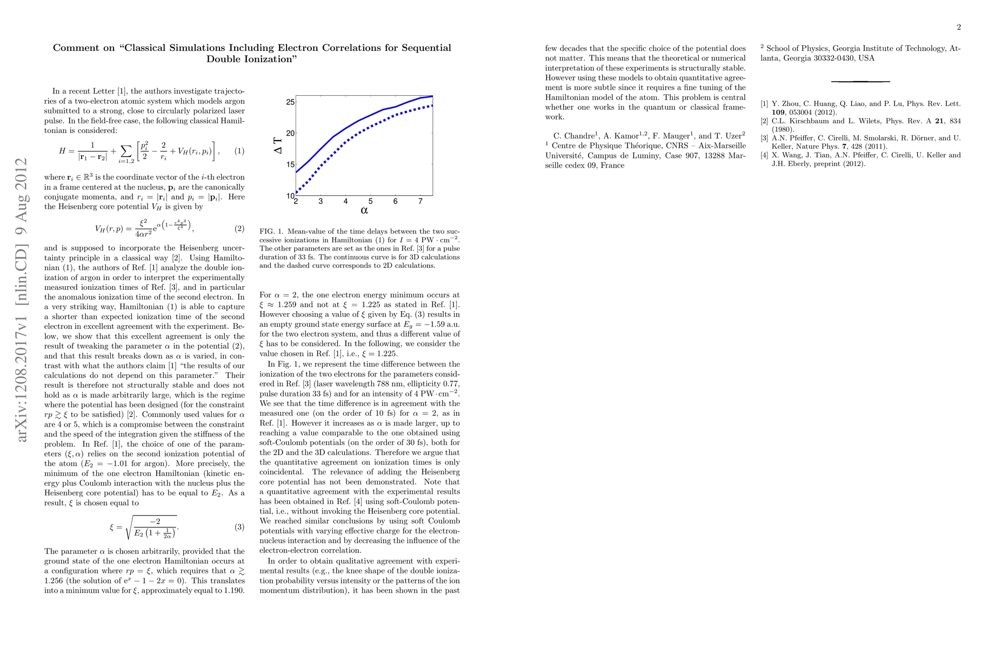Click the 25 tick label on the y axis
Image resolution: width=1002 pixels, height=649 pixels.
coord(290,102)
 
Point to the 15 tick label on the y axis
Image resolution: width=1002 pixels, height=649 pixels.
coord(290,164)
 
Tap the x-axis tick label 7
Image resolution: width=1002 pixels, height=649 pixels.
coord(420,202)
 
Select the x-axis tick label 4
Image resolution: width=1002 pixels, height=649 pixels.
coord(345,202)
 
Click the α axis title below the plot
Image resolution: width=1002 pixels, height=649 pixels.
coord(364,210)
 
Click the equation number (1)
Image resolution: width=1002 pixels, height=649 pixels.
coord(239,151)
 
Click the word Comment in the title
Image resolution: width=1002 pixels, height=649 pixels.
coord(84,48)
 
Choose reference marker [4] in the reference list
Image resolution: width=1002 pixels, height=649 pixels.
coord(764,155)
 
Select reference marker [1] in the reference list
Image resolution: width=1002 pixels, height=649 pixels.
coord(764,103)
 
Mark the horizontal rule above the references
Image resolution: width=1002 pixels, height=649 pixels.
coord(860,82)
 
